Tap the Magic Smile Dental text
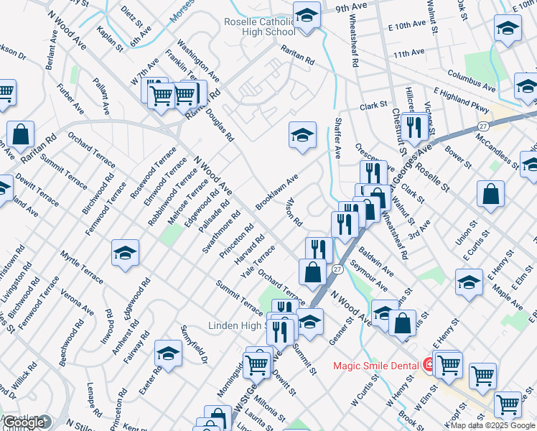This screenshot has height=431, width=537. click(x=375, y=366)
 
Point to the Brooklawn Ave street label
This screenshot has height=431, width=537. click(x=276, y=192)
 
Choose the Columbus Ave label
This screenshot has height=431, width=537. click(x=471, y=80)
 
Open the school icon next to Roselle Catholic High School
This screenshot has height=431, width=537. click(x=307, y=17)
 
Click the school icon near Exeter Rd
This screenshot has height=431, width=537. click(x=168, y=353)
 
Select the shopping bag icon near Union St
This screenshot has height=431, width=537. click(x=490, y=193)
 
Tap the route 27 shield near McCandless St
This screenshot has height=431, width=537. click(x=485, y=126)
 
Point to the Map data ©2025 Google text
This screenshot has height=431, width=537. click(x=492, y=425)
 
